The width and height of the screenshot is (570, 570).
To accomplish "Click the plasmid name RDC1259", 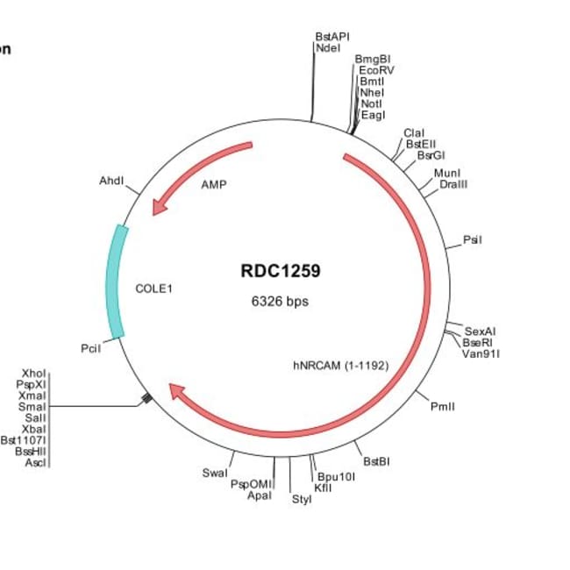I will (x=280, y=271).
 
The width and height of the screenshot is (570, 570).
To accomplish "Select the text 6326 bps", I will (x=280, y=302).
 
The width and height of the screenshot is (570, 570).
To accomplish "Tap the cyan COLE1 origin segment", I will (x=116, y=281).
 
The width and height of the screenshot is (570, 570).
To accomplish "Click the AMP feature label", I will (x=213, y=185).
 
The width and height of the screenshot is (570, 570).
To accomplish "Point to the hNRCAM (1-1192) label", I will (x=340, y=365).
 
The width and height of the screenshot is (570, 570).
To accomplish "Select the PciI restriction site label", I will (x=91, y=348).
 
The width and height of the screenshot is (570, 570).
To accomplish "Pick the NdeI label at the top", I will (x=328, y=48).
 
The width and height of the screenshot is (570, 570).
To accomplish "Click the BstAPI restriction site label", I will (x=332, y=37).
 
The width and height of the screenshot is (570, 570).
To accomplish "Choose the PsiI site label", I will (x=473, y=239).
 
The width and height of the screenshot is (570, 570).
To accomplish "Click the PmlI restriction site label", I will (x=443, y=406).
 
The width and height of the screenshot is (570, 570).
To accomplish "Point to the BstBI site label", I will (x=376, y=461).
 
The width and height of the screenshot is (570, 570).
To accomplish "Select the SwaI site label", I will (x=214, y=473).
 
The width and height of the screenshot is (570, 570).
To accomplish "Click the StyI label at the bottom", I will (x=301, y=500).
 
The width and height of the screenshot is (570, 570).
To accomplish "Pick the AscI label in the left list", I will (x=35, y=462).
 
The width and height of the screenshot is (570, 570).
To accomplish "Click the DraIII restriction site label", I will (x=453, y=183).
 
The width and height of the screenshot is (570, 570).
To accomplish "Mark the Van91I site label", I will (x=481, y=353).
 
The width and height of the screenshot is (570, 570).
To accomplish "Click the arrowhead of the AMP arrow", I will (x=159, y=208).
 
